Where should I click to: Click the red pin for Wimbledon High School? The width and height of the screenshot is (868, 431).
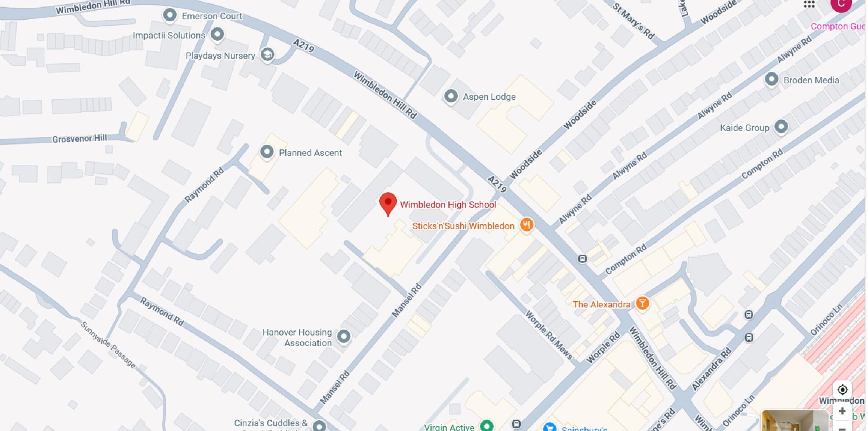(x=388, y=203)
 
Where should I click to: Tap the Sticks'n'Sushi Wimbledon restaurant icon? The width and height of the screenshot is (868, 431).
(x=526, y=225)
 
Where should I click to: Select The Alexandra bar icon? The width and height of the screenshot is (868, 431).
(x=642, y=303)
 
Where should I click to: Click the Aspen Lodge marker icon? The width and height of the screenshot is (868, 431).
(x=451, y=96)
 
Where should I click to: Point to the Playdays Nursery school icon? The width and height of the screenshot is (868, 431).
(x=268, y=55)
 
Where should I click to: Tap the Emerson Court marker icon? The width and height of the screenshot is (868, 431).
(x=170, y=15)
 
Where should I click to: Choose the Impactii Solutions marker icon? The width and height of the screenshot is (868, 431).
(x=217, y=34)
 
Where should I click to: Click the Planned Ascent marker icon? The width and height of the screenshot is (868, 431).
(x=267, y=152)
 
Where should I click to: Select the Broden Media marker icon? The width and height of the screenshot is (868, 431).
(x=771, y=79)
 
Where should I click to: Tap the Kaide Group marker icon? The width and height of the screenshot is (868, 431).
(x=781, y=127)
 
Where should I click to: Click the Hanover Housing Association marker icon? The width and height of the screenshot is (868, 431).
(x=344, y=336)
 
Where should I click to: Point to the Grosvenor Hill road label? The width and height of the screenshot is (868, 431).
(x=80, y=139)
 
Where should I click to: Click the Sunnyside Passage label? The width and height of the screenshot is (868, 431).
(x=108, y=344)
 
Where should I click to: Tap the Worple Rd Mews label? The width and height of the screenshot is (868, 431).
(x=548, y=335)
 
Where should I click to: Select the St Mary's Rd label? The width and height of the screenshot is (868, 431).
(x=633, y=20)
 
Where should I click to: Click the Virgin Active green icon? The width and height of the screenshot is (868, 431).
(x=486, y=426)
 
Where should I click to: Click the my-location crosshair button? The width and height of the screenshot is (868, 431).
(x=842, y=389)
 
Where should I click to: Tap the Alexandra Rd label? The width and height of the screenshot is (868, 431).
(x=712, y=369)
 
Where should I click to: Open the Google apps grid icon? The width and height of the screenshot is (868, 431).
(x=809, y=5)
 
